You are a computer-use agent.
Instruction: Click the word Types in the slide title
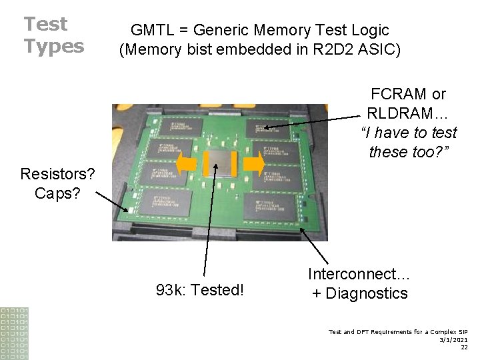tap(54, 46)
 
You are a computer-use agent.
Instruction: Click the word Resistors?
tap(57, 175)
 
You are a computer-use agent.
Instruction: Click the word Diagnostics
tap(369, 293)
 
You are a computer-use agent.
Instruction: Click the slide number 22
tap(464, 347)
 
